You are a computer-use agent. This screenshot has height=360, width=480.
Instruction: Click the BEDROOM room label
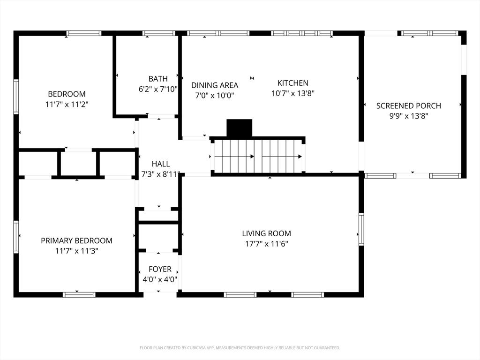point(67,94)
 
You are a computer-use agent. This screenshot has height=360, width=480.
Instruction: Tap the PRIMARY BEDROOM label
point(76,240)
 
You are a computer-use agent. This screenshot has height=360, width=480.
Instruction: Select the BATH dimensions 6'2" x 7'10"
point(158,89)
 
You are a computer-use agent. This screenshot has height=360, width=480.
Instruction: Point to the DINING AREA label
point(215,85)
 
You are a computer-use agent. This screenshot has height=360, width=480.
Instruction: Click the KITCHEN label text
point(293,83)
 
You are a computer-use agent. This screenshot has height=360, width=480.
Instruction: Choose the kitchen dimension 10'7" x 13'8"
point(293,93)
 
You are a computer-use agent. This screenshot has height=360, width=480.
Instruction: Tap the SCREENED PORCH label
point(409,106)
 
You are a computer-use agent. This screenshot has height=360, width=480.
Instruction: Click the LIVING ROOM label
point(267,233)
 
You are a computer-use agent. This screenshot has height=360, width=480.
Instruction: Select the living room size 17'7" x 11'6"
point(267,244)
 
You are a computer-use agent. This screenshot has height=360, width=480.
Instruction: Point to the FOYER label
point(160,269)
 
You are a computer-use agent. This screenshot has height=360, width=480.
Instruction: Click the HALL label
point(161,164)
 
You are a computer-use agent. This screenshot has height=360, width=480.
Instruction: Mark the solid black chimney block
point(239,128)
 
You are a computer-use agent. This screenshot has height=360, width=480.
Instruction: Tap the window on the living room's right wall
point(361,229)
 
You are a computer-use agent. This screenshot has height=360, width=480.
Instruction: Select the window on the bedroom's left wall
point(16,97)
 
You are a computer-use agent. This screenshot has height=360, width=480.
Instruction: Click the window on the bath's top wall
point(158,33)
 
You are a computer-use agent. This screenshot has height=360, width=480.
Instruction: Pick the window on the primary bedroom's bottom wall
point(79,295)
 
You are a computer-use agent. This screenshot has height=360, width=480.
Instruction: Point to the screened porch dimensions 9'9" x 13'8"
point(409,116)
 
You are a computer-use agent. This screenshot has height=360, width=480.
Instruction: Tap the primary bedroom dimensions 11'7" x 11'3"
point(76,251)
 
